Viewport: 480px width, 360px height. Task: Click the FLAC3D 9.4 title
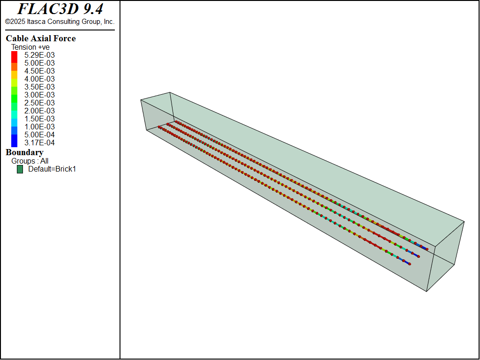pyautogui.click(x=60, y=9)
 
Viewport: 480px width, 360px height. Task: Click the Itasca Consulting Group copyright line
pyautogui.click(x=60, y=22)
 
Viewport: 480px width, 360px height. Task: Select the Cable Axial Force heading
pyautogui.click(x=41, y=38)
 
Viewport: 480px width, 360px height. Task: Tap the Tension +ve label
pyautogui.click(x=30, y=47)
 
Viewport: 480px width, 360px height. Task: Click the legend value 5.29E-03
pyautogui.click(x=39, y=55)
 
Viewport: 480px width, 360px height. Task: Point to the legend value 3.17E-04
pyautogui.click(x=39, y=142)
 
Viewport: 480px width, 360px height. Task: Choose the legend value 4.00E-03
pyautogui.click(x=39, y=79)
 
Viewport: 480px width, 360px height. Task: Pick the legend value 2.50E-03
pyautogui.click(x=39, y=103)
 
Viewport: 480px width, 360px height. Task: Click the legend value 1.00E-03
pyautogui.click(x=39, y=127)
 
